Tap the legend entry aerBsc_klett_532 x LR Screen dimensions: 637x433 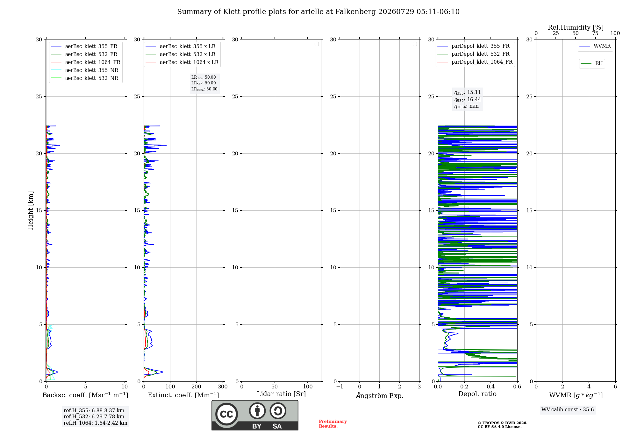[x=181, y=54]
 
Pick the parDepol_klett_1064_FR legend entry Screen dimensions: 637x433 [x=475, y=62]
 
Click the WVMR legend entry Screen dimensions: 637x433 [x=595, y=46]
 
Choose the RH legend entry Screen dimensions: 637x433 [x=592, y=63]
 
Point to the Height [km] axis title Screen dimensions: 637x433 [x=31, y=210]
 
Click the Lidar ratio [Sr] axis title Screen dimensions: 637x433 [x=281, y=394]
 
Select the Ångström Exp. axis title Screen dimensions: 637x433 [x=380, y=395]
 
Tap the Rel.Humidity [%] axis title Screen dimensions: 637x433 [x=576, y=27]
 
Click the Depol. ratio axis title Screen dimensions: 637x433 [x=477, y=394]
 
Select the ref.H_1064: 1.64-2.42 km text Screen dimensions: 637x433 [x=95, y=423]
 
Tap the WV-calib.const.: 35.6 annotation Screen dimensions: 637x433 [x=568, y=409]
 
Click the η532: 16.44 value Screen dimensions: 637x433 [x=468, y=99]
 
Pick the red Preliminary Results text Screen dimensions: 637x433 [x=333, y=424]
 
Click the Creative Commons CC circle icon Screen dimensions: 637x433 [x=226, y=414]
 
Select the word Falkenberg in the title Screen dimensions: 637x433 [x=356, y=12]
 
